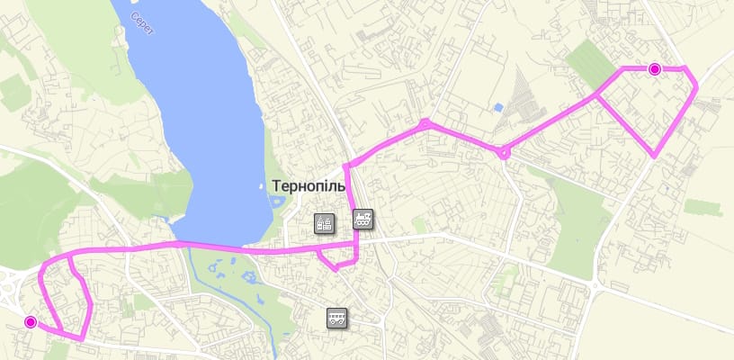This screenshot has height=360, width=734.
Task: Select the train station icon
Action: tap(363, 218)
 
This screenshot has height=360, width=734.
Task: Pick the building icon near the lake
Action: tap(324, 223)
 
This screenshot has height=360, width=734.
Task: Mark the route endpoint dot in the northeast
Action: tap(654, 68)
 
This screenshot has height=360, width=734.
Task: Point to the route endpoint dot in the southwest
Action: tap(31, 322)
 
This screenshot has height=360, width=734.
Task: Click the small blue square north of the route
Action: tap(497, 109)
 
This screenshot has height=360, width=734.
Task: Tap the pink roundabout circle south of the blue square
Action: tap(505, 153)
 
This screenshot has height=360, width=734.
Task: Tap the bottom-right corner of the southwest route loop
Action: tap(82, 338)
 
